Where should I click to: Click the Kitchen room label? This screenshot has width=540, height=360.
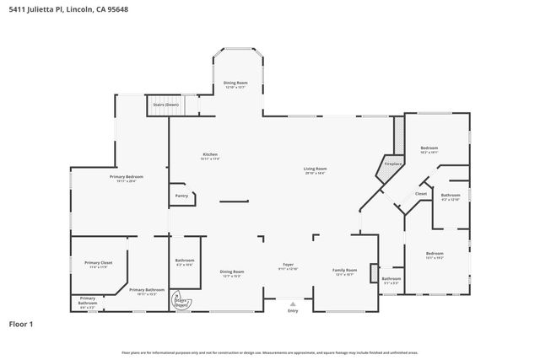pyautogui.click(x=210, y=154)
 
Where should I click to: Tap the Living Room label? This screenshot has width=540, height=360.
pyautogui.click(x=316, y=169)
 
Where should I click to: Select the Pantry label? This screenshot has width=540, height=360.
pyautogui.click(x=181, y=196)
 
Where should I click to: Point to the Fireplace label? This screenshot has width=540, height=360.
pyautogui.click(x=393, y=164)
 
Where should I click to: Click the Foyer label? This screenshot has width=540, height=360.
pyautogui.click(x=288, y=266)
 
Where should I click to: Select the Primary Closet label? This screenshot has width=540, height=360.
pyautogui.click(x=98, y=263)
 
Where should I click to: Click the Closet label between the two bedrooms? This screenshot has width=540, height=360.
pyautogui.click(x=420, y=194)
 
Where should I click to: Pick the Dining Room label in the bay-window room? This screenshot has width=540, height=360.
pyautogui.click(x=235, y=83)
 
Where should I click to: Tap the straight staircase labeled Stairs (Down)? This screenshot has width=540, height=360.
pyautogui.click(x=166, y=107)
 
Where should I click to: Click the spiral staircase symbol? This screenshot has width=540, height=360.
pyautogui.click(x=181, y=299)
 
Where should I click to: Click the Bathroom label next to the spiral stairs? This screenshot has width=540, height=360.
pyautogui.click(x=184, y=261)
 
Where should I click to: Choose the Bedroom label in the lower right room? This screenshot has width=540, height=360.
pyautogui.click(x=435, y=254)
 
